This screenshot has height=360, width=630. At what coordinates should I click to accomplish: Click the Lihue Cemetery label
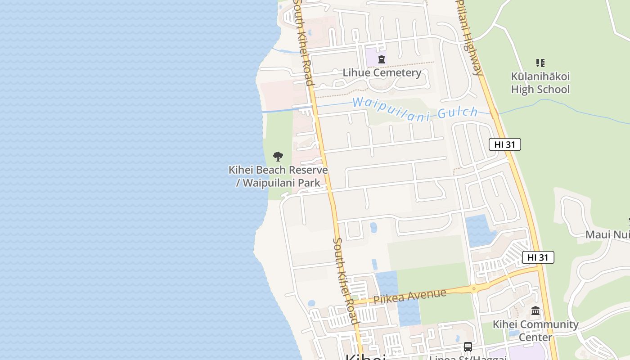click(x=382, y=72)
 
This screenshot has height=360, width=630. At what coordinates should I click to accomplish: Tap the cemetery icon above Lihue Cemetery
click(x=382, y=59)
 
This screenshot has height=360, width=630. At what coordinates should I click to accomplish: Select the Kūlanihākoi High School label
click(x=540, y=83)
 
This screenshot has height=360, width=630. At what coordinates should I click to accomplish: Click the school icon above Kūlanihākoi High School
click(x=540, y=63)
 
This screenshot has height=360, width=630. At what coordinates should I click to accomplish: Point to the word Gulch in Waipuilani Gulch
click(x=457, y=112)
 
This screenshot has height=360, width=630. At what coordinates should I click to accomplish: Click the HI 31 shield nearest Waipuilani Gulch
click(x=504, y=144)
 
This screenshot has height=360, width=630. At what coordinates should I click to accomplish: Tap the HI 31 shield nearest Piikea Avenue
click(x=538, y=257)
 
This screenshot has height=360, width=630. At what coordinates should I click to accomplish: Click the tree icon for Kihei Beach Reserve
click(x=278, y=157)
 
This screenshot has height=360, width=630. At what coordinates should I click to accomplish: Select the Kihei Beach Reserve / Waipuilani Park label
click(x=278, y=176)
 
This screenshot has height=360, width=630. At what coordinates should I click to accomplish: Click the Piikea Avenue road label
click(x=409, y=296)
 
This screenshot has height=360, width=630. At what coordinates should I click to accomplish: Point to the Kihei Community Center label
click(x=535, y=330)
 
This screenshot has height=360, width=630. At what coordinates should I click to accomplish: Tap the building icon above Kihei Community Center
click(x=535, y=310)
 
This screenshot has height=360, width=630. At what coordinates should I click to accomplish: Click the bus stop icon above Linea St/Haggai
click(x=468, y=347)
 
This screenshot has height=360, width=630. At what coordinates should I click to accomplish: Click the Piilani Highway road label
click(x=470, y=38)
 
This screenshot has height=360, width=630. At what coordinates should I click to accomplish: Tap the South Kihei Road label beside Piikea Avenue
click(x=346, y=281)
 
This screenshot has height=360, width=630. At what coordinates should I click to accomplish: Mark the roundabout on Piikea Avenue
click(x=473, y=288)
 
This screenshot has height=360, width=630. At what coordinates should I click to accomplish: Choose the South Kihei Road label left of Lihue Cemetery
click(x=303, y=43)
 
